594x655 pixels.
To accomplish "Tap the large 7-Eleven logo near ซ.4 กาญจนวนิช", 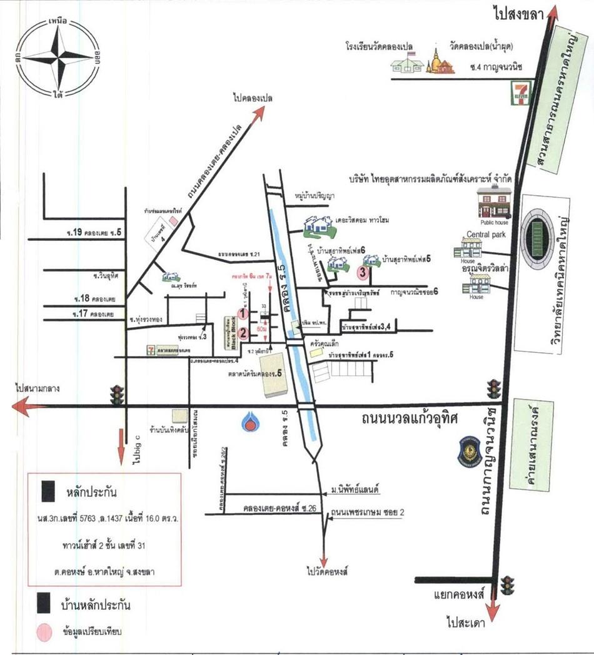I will tap(515, 93).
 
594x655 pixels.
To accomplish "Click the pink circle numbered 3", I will tap(361, 272).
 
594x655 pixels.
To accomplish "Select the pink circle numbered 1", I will tap(244, 313).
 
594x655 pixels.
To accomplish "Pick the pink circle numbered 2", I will tap(244, 332).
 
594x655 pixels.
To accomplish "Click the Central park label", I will tap(485, 235).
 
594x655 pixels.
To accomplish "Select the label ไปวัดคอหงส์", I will tap(326, 572).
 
